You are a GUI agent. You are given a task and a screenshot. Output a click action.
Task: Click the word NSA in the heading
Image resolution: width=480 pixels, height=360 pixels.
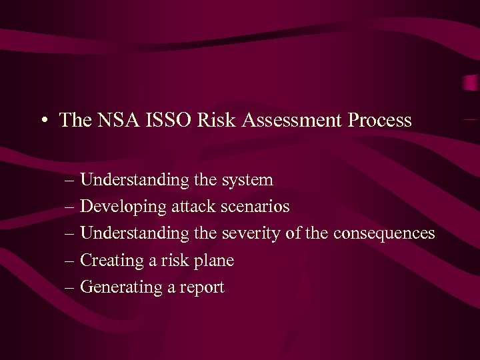coord(115,120)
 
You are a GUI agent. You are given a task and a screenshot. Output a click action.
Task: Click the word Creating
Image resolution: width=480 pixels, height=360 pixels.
coord(111,260)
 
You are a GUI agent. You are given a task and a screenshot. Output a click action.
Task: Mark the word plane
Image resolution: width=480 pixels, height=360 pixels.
coord(215,261)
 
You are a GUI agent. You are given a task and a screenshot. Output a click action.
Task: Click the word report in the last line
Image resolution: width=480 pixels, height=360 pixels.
coord(203,287)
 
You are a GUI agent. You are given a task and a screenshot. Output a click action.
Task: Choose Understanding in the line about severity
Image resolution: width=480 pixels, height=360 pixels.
coord(135,233)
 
